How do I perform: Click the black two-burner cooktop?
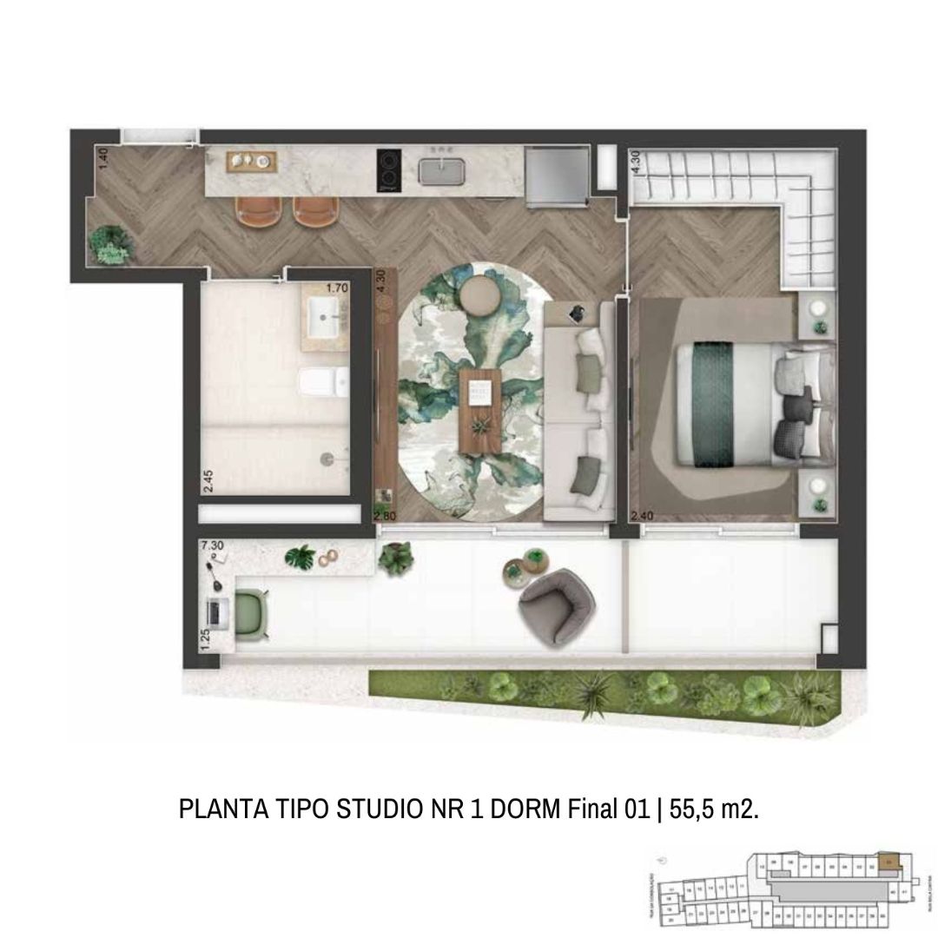pyautogui.click(x=388, y=170)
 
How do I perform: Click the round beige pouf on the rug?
pyautogui.click(x=479, y=294)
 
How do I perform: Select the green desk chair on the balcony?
pyautogui.click(x=252, y=614)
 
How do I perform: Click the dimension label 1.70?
pyautogui.click(x=336, y=287)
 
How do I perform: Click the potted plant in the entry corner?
pyautogui.click(x=110, y=243)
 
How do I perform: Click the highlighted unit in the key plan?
pyautogui.click(x=888, y=862)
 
